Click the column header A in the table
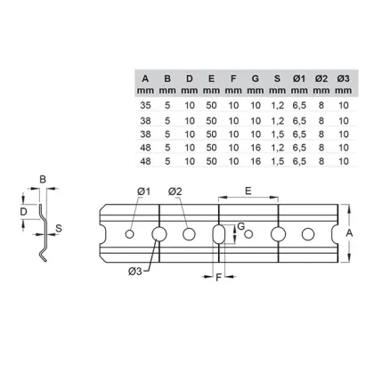[145, 78]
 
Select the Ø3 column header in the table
[343, 78]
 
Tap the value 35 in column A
[145, 105]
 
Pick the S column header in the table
[277, 78]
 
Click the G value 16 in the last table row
[256, 161]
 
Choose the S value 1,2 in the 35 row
[278, 105]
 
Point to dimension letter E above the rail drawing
[248, 191]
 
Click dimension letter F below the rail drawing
[219, 278]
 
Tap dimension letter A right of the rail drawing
[349, 233]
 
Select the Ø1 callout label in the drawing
[144, 191]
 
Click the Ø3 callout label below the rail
[135, 271]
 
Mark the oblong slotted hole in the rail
[219, 234]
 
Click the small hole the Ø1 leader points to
[129, 234]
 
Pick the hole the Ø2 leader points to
[189, 234]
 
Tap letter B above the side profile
[43, 180]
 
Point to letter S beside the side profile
[59, 229]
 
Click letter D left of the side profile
[23, 212]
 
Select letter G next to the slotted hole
[241, 226]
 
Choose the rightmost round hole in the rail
[308, 234]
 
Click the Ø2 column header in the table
[321, 78]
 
